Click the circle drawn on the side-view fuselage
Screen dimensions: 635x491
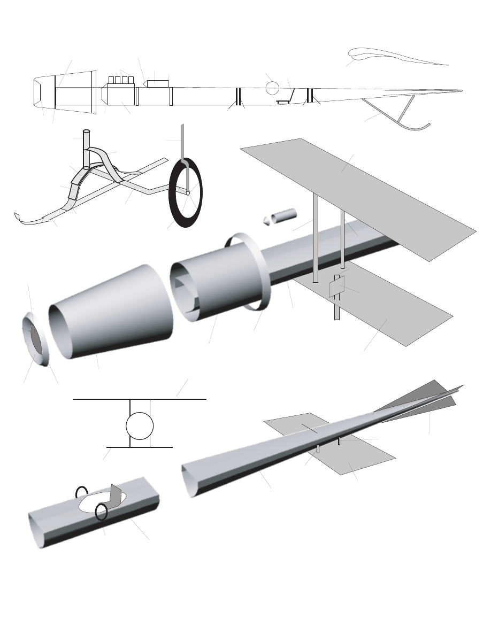(x=273, y=88)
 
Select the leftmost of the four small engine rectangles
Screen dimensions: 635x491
(x=111, y=80)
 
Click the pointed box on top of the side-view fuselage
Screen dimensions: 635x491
(x=157, y=83)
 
